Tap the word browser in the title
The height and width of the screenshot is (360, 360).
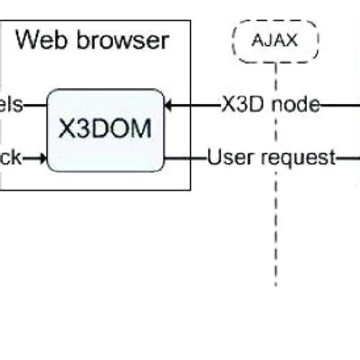tap(122, 39)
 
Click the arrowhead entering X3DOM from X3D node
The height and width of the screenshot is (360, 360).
tap(169, 105)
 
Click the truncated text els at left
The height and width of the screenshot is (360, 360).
tap(11, 105)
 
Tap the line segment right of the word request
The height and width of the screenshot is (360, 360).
tap(347, 157)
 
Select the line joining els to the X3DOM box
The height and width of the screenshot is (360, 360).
tap(35, 105)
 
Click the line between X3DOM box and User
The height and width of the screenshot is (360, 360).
tap(185, 157)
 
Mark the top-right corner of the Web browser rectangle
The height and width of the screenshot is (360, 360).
tap(191, 21)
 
